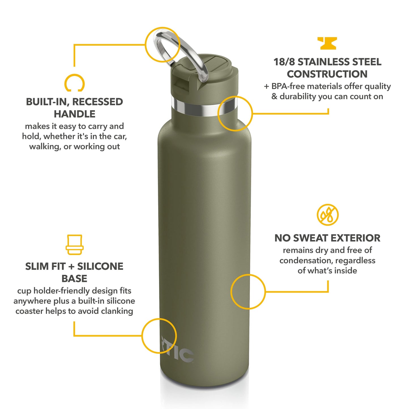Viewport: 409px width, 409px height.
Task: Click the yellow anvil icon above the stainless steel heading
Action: click(x=327, y=43)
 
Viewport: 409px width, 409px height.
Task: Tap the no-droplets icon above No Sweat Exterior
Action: click(x=327, y=215)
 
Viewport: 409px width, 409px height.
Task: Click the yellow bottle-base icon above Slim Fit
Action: click(x=74, y=245)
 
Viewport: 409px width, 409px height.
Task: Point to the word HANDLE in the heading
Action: click(x=74, y=114)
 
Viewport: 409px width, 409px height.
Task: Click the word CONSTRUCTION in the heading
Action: click(x=327, y=74)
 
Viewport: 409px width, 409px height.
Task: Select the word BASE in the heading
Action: click(x=74, y=279)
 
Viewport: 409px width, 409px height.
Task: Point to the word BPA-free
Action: click(x=288, y=86)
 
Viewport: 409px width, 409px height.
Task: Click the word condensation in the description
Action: click(x=306, y=260)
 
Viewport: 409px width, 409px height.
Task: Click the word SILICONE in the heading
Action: click(x=100, y=266)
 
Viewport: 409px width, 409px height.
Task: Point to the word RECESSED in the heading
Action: click(x=98, y=102)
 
